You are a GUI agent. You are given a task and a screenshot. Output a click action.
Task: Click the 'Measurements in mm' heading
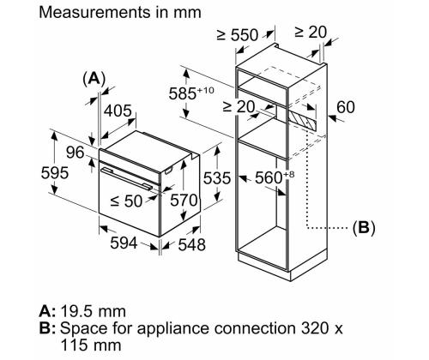coord(120,13)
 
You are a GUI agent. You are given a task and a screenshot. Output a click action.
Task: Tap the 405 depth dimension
coord(118,111)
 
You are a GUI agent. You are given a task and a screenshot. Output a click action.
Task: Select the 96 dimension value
coord(76,153)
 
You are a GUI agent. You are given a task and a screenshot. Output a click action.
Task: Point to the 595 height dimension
coord(55,173)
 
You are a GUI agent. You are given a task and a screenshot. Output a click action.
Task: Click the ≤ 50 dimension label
coord(126,201)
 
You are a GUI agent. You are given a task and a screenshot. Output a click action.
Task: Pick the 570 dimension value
coord(184,200)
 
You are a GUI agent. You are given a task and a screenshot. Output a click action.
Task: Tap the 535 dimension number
coord(217,178)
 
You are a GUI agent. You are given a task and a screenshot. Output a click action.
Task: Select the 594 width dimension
coord(124,243)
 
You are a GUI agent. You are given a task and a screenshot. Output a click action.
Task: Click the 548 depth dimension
coord(191,245)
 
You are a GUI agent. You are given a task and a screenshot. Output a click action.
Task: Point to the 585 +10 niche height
coord(191,93)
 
